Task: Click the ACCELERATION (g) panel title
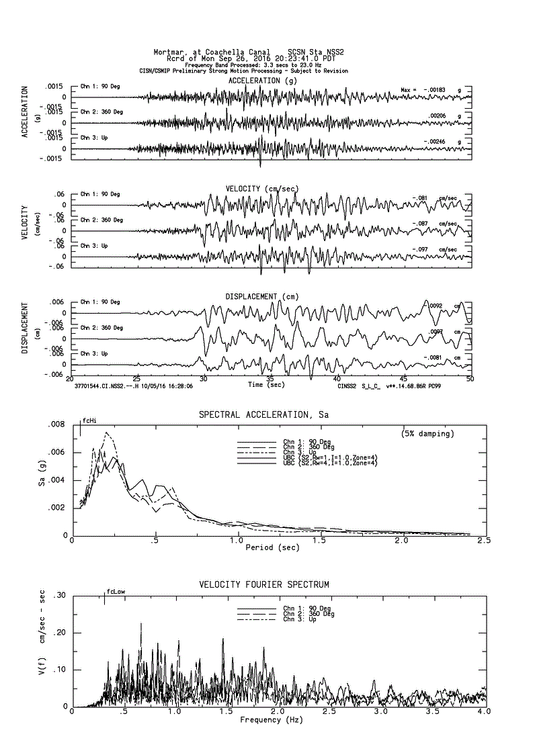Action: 262,81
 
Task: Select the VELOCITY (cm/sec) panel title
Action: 262,189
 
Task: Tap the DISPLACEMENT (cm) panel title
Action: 262,297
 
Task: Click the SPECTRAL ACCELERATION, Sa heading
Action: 263,416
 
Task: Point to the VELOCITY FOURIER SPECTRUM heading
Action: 264,585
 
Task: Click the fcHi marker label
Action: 89,421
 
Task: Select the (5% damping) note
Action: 427,434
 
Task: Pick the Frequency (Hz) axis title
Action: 271,720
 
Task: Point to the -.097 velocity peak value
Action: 421,250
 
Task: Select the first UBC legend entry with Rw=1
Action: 329,457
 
